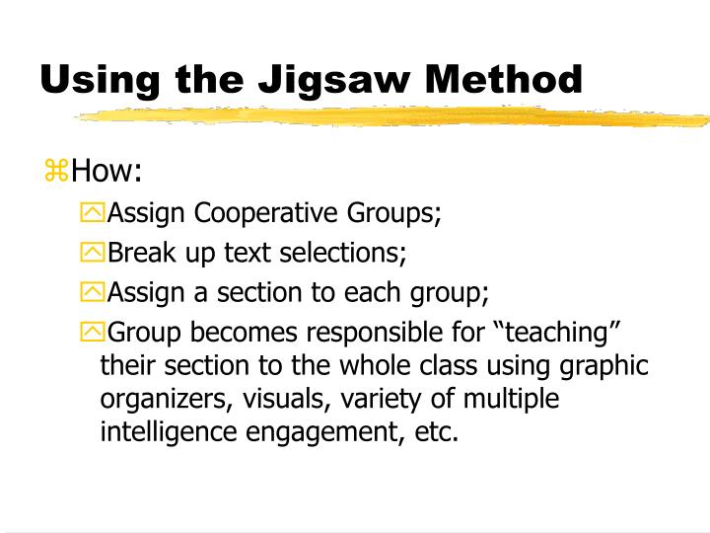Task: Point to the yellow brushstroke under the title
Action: click(x=394, y=116)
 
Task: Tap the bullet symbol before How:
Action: click(x=57, y=173)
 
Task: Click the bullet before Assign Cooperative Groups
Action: click(x=92, y=213)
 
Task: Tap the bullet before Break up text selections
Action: click(x=92, y=253)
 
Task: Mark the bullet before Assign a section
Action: click(x=92, y=292)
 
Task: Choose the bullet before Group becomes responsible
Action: click(x=92, y=332)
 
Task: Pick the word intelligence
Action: click(x=164, y=433)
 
